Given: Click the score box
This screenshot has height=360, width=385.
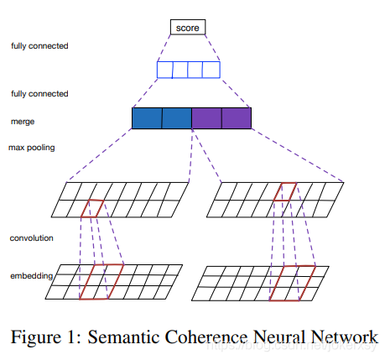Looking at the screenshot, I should click(189, 28).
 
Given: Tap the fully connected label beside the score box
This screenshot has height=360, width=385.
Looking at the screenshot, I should click(39, 45).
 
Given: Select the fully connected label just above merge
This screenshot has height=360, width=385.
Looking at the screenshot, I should click(39, 93).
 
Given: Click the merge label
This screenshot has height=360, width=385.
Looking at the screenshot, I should click(23, 121).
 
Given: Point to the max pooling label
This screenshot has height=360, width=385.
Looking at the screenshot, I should click(32, 149).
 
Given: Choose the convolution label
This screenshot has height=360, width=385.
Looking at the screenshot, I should click(33, 238).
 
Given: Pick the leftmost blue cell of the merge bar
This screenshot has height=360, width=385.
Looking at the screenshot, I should click(147, 119).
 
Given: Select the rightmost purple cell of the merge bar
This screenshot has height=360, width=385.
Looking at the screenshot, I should click(237, 119).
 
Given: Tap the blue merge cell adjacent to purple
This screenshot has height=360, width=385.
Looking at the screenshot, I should click(177, 119).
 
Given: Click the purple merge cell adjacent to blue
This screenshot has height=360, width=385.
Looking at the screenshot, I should click(206, 119).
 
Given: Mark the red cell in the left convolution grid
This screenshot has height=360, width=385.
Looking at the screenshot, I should click(92, 208).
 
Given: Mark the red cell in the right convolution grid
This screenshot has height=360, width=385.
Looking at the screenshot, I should click(287, 191).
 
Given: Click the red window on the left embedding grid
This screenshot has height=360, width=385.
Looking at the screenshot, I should click(101, 281).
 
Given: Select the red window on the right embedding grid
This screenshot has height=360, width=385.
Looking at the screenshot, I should click(292, 282).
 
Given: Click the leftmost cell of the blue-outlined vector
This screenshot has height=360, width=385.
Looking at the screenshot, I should click(165, 69).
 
